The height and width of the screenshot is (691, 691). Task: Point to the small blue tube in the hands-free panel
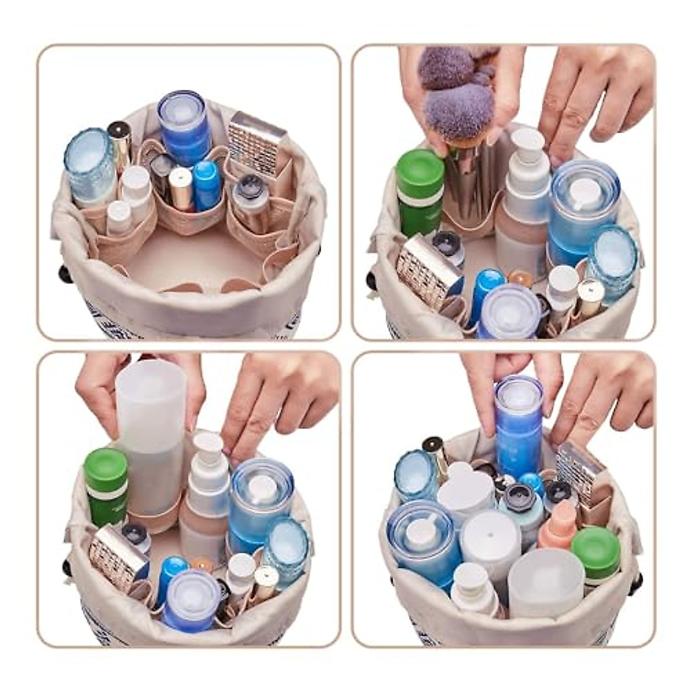click(x=207, y=184)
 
